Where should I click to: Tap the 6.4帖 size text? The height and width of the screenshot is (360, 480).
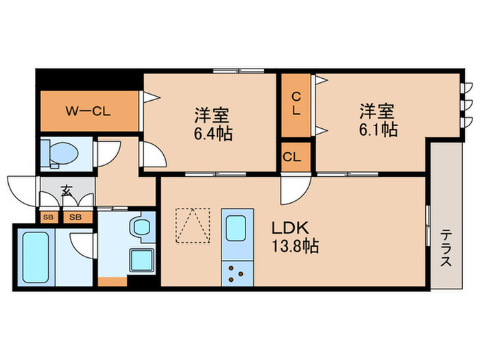(x=211, y=132)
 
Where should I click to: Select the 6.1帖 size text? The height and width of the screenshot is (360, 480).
(x=378, y=128)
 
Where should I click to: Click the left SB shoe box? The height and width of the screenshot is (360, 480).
(x=48, y=217)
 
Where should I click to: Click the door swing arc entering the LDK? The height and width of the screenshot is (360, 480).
(x=293, y=189)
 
